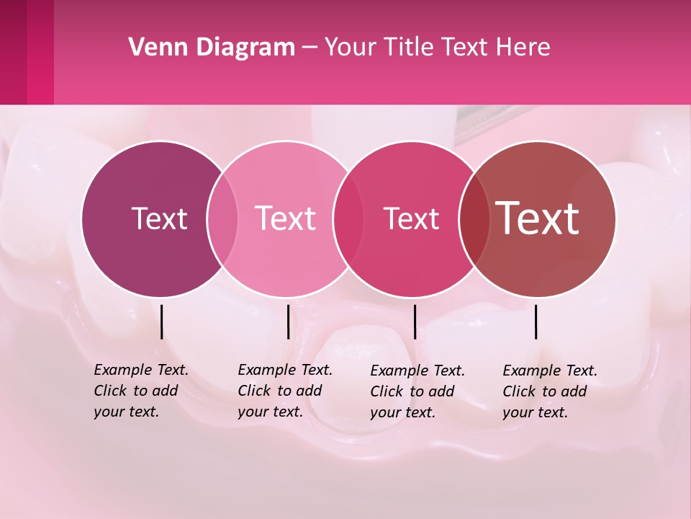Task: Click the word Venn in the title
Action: (153, 48)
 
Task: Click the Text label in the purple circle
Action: (159, 218)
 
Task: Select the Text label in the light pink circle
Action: (286, 218)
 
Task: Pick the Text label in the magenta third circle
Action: (411, 218)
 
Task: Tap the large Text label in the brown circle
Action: (537, 218)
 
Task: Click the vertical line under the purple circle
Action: (162, 321)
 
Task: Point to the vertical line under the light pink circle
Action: (288, 321)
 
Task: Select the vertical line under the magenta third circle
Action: (415, 321)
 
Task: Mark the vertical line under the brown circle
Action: (536, 321)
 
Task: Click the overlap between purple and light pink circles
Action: (222, 219)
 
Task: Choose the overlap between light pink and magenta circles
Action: (348, 219)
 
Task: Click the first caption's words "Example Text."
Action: (141, 370)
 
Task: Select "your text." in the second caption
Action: (270, 412)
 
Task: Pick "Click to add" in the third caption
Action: (412, 391)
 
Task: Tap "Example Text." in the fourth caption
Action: (550, 371)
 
